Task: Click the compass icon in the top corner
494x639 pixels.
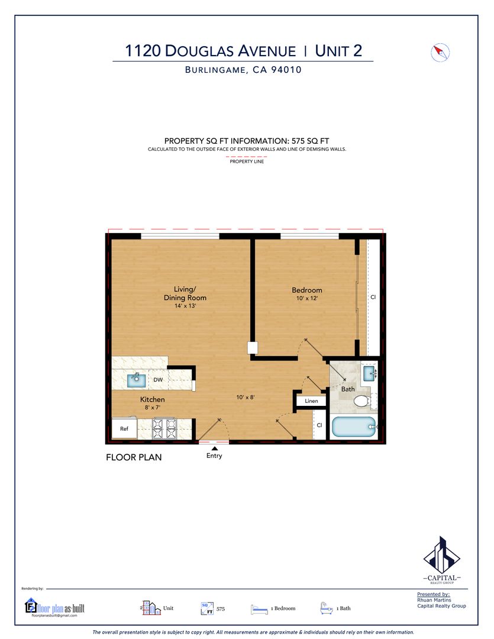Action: tap(440, 53)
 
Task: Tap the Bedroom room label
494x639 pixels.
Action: tap(307, 290)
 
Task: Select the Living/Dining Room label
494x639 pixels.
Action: tap(185, 293)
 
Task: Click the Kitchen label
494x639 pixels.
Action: tap(153, 399)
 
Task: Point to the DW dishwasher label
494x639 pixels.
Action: tap(158, 380)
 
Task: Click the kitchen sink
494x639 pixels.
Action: tap(137, 380)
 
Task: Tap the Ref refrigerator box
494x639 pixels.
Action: tap(124, 429)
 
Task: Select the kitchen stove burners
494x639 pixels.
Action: tap(164, 429)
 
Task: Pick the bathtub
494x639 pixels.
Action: tap(354, 427)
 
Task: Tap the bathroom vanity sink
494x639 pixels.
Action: tap(369, 373)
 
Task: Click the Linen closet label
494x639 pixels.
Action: tap(311, 401)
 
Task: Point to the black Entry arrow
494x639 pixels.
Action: tap(214, 448)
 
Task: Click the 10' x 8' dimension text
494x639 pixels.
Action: tap(246, 397)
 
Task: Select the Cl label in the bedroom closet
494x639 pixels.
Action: tap(373, 297)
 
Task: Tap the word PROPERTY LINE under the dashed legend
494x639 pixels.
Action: tap(247, 162)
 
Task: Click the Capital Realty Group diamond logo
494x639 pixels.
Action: tap(442, 556)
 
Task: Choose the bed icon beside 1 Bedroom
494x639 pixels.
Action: tap(259, 609)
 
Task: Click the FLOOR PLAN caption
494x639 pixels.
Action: tap(134, 457)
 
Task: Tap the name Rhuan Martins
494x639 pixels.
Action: tap(434, 600)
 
